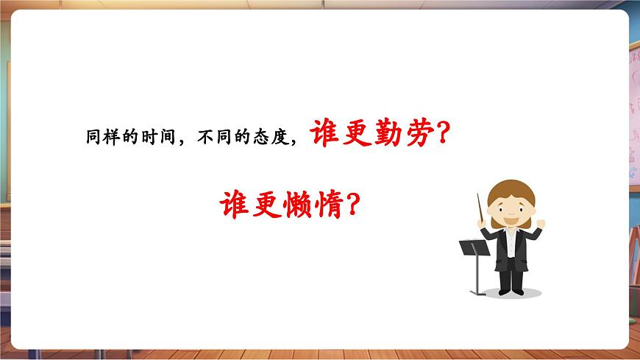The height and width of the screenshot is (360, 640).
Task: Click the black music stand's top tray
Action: pyautogui.click(x=474, y=247)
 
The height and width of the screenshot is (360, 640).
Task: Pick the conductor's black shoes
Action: pyautogui.click(x=511, y=290)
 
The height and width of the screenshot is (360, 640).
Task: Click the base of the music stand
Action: pyautogui.click(x=480, y=292)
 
